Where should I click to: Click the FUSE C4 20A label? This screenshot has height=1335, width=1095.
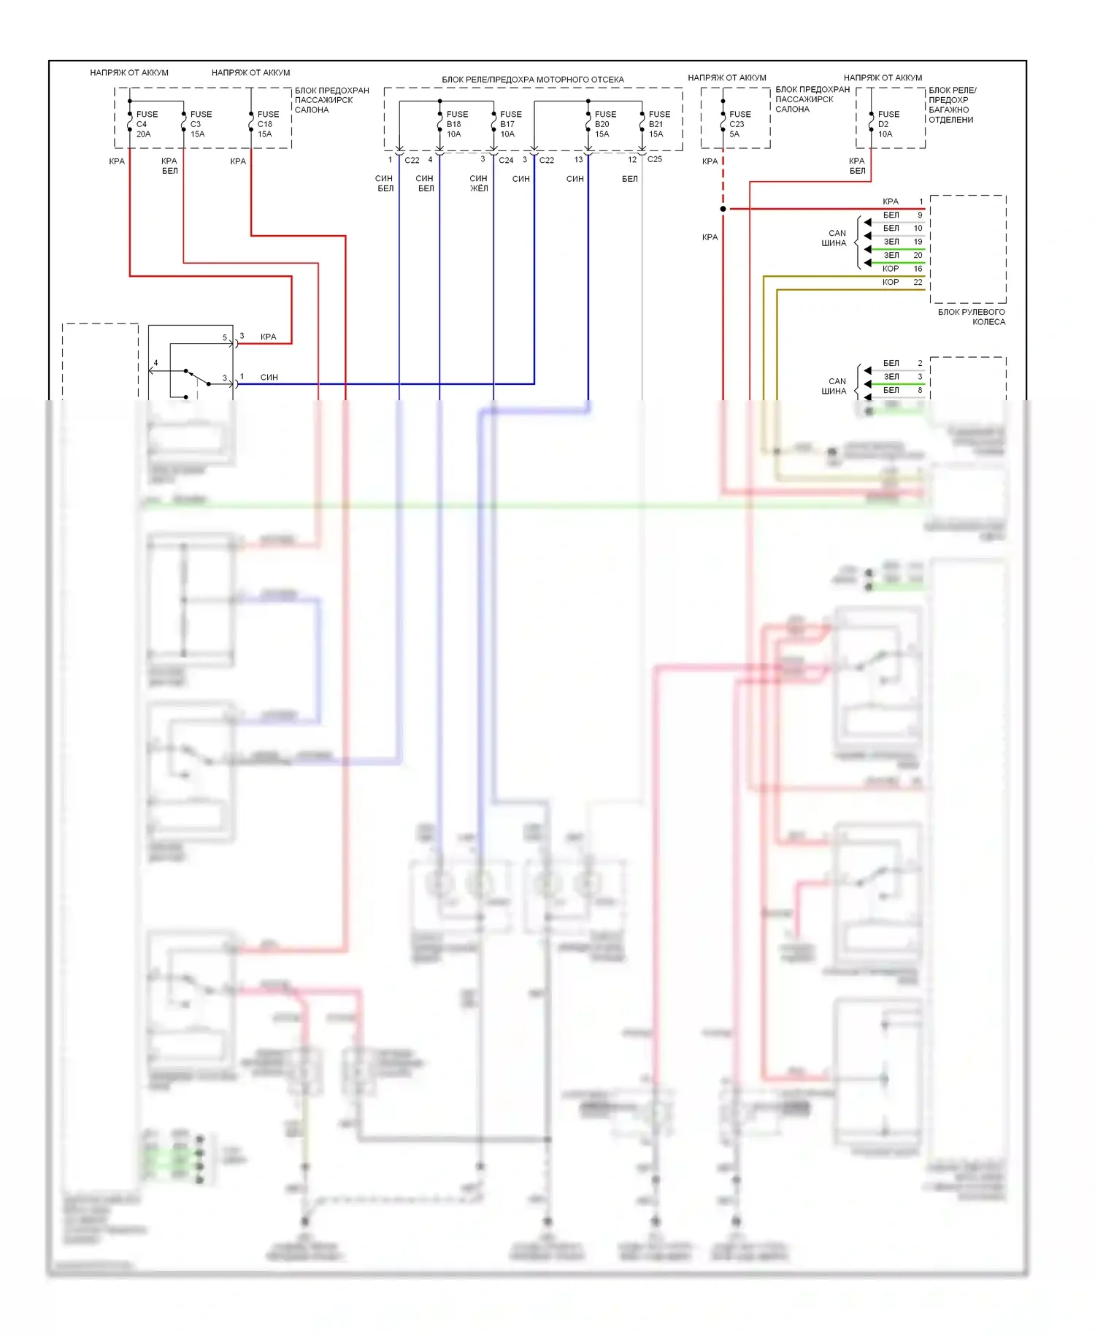click(x=146, y=124)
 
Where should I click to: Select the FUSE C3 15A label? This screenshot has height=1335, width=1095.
click(x=200, y=124)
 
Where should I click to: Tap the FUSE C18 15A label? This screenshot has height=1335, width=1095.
click(x=267, y=124)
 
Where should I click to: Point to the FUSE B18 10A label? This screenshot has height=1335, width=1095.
click(x=456, y=124)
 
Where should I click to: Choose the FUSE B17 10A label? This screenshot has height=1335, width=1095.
click(x=510, y=124)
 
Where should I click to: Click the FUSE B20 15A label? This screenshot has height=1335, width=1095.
click(x=604, y=124)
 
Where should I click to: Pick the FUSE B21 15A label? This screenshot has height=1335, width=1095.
click(x=658, y=124)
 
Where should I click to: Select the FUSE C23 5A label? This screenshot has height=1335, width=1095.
click(x=739, y=124)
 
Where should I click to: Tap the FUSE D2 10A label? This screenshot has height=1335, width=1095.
click(x=888, y=124)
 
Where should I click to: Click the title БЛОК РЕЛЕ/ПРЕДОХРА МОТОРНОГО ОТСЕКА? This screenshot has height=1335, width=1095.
click(x=532, y=80)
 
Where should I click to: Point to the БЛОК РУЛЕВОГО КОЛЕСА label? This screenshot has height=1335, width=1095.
click(x=972, y=317)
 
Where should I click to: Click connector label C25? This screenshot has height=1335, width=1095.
click(x=654, y=159)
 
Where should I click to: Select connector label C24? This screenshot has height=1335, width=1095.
click(x=506, y=160)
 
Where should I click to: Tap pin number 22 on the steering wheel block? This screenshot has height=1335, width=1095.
click(x=918, y=283)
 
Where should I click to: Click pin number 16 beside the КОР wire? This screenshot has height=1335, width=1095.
click(x=918, y=269)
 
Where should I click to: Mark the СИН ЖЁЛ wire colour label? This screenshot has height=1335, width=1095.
click(x=478, y=183)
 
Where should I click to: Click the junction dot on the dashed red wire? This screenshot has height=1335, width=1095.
click(x=723, y=209)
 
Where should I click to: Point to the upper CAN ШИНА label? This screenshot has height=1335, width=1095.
click(x=834, y=238)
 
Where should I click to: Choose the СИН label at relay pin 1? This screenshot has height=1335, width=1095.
click(x=269, y=378)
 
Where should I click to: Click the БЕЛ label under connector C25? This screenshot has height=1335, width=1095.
click(x=629, y=179)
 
